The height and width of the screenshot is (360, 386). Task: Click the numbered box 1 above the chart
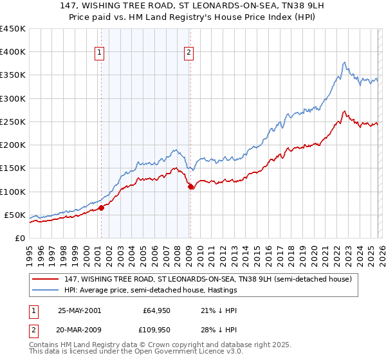[x=101, y=53]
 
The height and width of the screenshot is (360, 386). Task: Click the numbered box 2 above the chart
[x=189, y=53]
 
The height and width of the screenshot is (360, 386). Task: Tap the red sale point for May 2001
[x=101, y=208]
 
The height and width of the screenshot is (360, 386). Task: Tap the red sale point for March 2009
[x=190, y=187]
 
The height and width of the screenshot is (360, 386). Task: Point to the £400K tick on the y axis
[x=13, y=52]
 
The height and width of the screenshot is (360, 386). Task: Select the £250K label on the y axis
[x=13, y=122]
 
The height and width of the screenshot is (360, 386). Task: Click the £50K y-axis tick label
[x=15, y=215]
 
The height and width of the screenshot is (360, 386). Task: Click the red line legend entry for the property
[x=193, y=280]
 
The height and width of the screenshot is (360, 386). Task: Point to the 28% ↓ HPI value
[x=210, y=330]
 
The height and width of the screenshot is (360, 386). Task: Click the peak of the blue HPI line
[x=344, y=62]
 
